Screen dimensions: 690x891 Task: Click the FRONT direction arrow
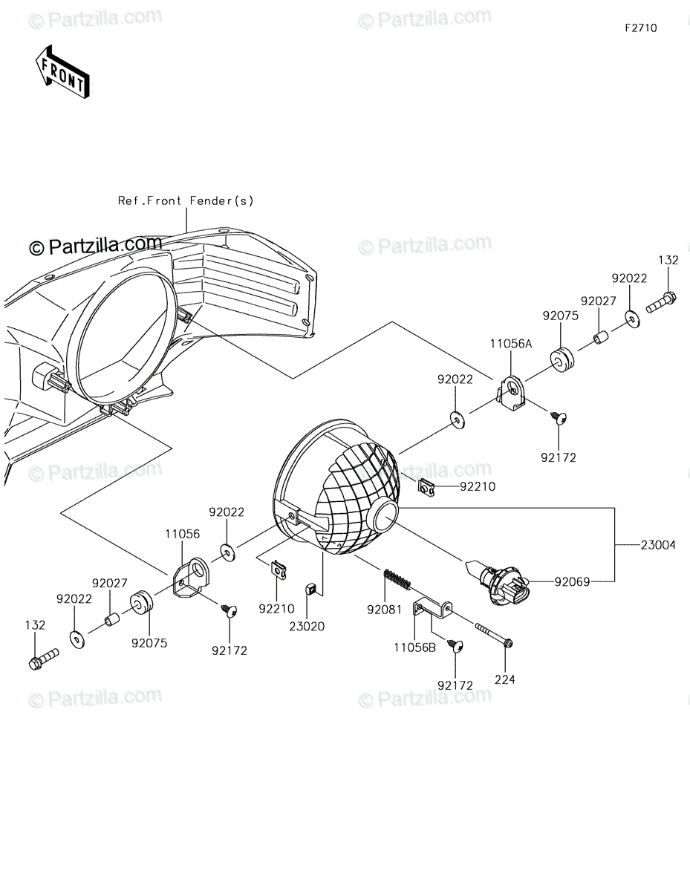62,72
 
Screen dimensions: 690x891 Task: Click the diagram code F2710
641,28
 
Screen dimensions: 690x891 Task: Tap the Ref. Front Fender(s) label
186,200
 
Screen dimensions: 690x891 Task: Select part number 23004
657,545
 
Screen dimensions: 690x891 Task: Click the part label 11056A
511,344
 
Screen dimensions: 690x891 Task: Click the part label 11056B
415,647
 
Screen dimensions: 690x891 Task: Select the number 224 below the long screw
505,679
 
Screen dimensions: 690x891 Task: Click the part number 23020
307,626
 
